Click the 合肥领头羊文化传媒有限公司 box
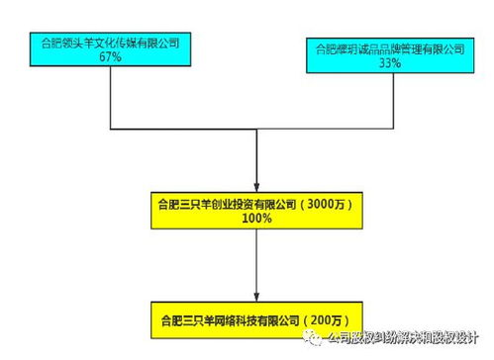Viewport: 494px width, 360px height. click(110, 50)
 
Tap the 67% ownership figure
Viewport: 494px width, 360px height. click(110, 58)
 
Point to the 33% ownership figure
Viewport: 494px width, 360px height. click(389, 63)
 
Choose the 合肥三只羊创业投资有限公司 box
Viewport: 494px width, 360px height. click(256, 209)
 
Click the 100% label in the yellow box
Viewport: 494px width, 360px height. click(256, 218)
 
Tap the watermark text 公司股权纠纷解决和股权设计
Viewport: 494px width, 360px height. click(408, 338)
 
